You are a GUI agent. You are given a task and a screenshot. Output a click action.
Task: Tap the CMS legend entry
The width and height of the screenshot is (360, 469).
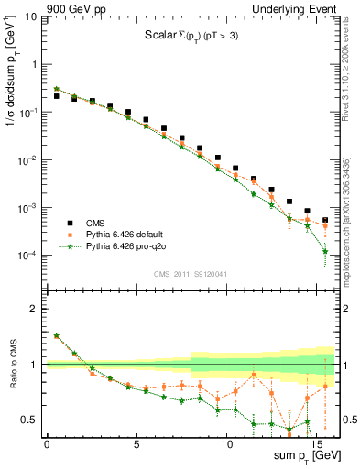pos(96,223)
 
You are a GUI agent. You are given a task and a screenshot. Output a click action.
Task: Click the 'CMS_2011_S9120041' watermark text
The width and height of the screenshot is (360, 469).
pos(191,273)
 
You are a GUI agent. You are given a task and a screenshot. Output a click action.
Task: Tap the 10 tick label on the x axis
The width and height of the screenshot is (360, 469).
pos(226,443)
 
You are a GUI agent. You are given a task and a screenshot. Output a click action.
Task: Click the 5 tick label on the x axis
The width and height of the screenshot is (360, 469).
pos(136,443)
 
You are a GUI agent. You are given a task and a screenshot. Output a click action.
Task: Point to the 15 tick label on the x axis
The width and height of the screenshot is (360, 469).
pos(316,443)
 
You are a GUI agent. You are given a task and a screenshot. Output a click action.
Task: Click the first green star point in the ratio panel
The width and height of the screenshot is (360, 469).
pos(56,336)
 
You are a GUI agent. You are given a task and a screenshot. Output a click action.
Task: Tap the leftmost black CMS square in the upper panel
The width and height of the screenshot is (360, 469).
pos(56,95)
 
